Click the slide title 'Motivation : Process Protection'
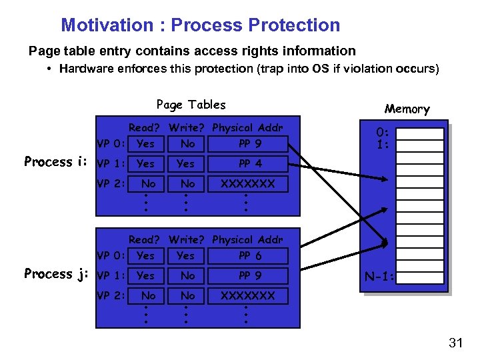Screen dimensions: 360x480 pos(200,25)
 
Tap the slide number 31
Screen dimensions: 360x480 pos(456,343)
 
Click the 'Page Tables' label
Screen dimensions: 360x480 pos(191,105)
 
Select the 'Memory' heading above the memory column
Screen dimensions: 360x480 pos(407,109)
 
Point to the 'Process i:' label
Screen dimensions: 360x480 pos(57,162)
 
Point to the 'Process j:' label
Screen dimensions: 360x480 pos(57,274)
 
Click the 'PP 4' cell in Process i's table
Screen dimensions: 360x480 pos(250,163)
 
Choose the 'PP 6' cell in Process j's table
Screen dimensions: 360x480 pos(250,255)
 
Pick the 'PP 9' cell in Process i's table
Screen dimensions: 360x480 pos(250,143)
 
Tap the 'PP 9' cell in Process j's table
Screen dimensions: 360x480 pos(250,275)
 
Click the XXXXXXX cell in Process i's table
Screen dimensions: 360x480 pos(247,183)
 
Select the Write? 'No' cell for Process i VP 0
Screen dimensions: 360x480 pos(187,143)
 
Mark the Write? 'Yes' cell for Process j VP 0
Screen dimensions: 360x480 pos(185,255)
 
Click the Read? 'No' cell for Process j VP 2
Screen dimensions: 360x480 pos(148,295)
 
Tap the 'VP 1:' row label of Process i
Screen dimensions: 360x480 pos(111,163)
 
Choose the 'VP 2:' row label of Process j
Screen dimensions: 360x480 pos(111,295)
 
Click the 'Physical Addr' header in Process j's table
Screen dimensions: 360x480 pos(247,239)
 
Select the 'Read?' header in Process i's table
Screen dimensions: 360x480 pos(145,127)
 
